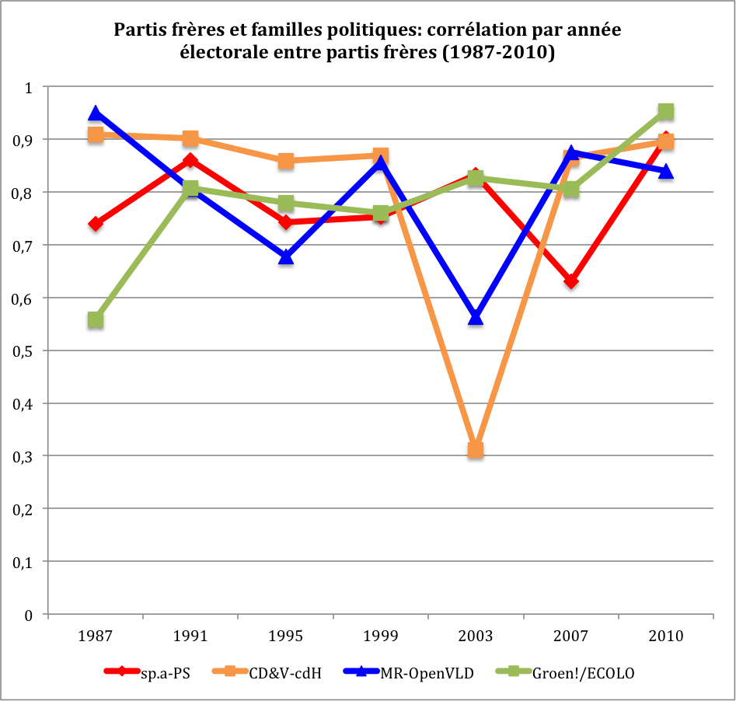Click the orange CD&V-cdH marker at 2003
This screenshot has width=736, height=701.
coord(476,450)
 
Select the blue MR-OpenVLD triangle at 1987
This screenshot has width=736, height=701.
coord(96,114)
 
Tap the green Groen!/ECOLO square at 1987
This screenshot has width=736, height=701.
coord(96,319)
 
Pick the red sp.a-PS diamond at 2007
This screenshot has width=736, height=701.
coord(571,281)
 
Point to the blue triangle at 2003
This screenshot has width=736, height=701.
coord(476,317)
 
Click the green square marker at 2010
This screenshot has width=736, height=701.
coord(666,112)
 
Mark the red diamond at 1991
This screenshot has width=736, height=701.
coord(190,161)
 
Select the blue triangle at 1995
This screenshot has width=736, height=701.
coord(286,256)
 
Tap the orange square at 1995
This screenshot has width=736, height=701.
coord(286,161)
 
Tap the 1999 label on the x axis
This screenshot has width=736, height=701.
coord(381,636)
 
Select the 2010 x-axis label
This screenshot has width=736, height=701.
coord(666,636)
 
